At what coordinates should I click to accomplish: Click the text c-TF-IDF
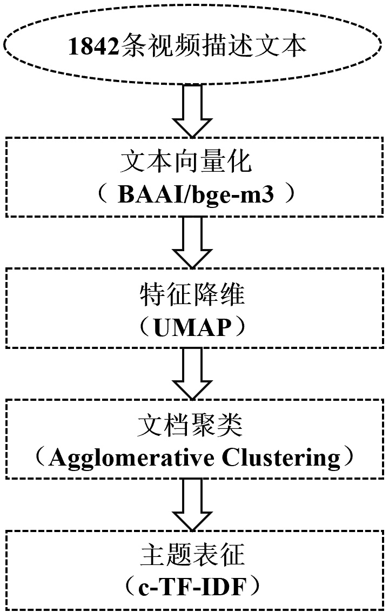click(193, 586)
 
